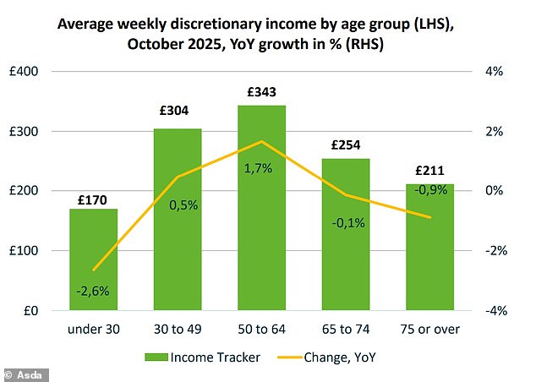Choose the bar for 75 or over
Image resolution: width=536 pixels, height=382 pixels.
pyautogui.click(x=430, y=262)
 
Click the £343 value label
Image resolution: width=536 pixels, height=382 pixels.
pyautogui.click(x=261, y=91)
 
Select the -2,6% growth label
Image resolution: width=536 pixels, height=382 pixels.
pyautogui.click(x=94, y=291)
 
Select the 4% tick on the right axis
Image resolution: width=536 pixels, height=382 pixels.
pyautogui.click(x=494, y=72)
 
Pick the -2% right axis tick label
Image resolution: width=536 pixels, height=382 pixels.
pyautogui.click(x=492, y=251)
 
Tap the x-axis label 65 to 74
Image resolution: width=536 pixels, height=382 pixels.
pyautogui.click(x=346, y=328)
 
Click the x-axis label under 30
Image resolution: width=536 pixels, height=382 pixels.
pyautogui.click(x=93, y=328)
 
